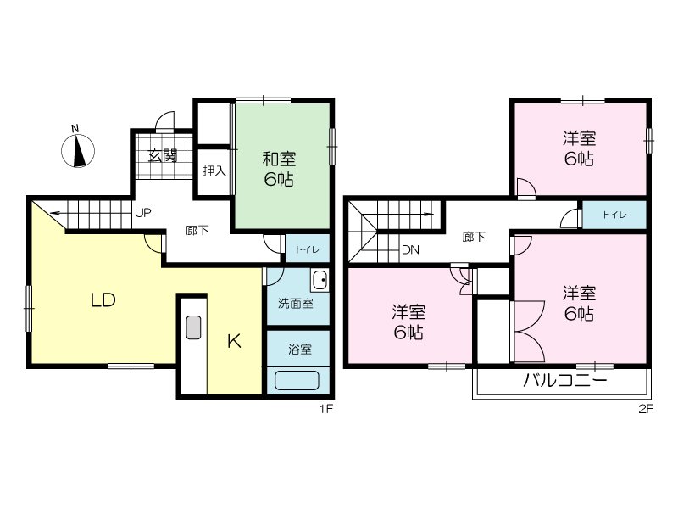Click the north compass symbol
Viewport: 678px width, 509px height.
(x=78, y=151)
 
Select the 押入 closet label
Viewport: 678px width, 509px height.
(x=214, y=171)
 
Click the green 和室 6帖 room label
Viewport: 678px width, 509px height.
(x=278, y=168)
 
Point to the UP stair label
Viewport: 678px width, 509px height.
(x=142, y=213)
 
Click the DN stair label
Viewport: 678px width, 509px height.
(x=410, y=250)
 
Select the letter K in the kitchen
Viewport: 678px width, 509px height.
(x=235, y=341)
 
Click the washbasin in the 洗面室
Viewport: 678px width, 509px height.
(x=320, y=279)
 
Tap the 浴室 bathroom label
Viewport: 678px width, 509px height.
(x=299, y=348)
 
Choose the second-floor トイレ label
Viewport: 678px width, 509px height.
(x=614, y=215)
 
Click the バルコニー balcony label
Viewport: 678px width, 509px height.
(x=564, y=382)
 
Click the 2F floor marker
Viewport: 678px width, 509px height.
(x=646, y=409)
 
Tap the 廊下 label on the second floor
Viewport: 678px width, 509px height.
(x=474, y=237)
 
